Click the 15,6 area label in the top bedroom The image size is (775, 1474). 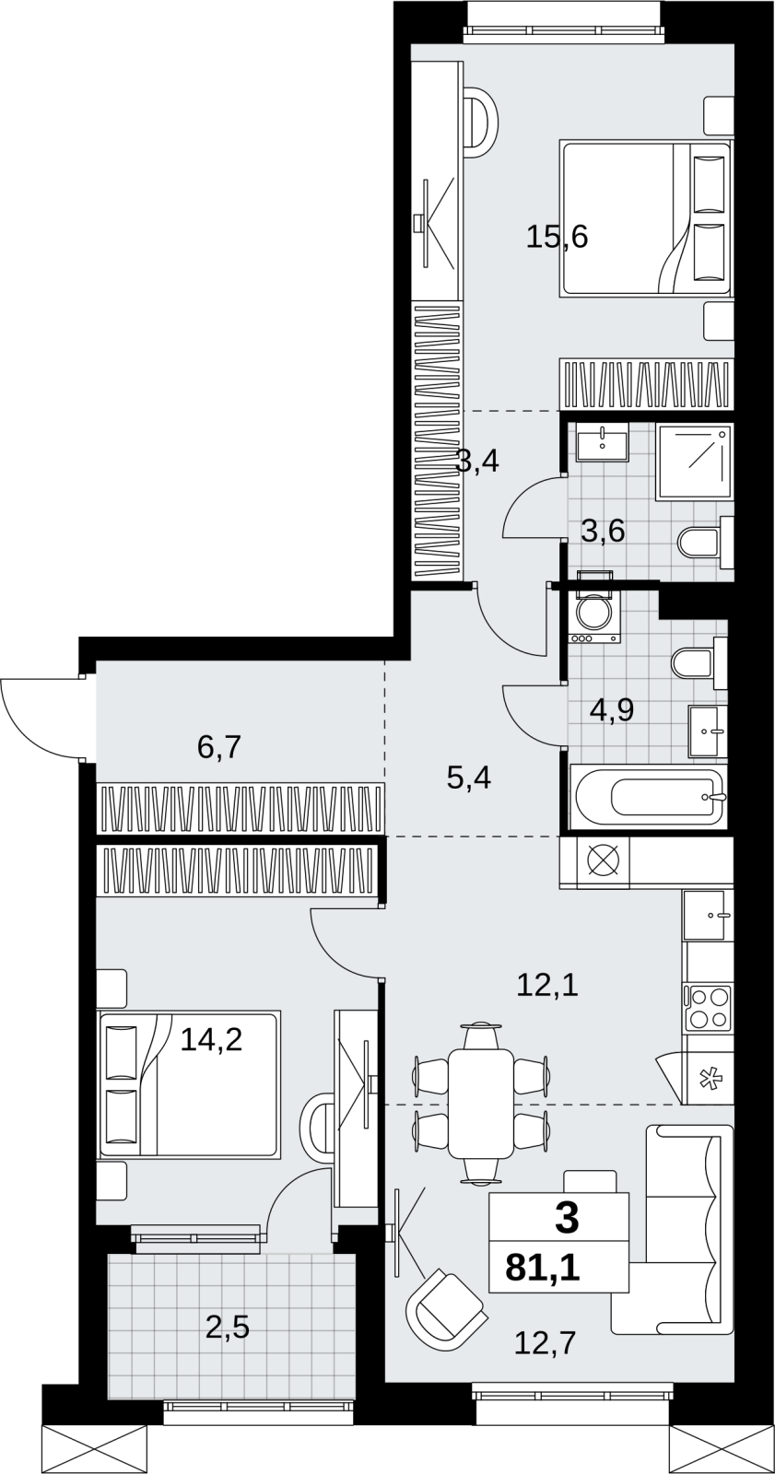557,237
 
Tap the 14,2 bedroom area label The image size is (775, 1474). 211,1040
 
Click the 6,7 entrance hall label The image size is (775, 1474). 220,747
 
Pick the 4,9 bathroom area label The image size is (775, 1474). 612,710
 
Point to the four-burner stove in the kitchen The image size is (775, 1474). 708,1025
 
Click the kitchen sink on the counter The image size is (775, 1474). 708,915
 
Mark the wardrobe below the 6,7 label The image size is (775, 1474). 241,807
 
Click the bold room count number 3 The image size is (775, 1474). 567,1216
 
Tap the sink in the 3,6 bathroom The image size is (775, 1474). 603,442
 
